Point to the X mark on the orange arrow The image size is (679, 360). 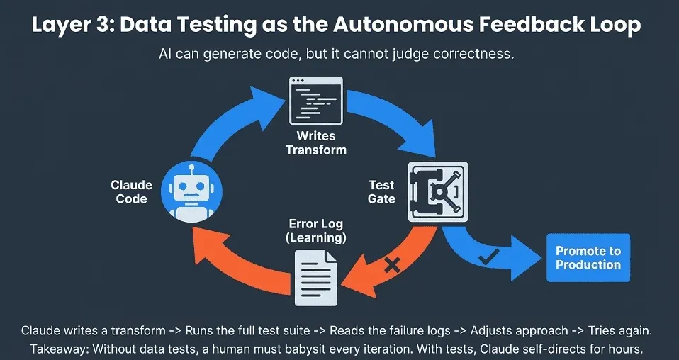click(392, 265)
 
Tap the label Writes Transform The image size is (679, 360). click(316, 142)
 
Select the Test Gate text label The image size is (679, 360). click(381, 192)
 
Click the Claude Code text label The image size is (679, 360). click(131, 192)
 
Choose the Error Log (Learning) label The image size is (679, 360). click(316, 231)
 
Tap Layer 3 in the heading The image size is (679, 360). click(74, 26)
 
